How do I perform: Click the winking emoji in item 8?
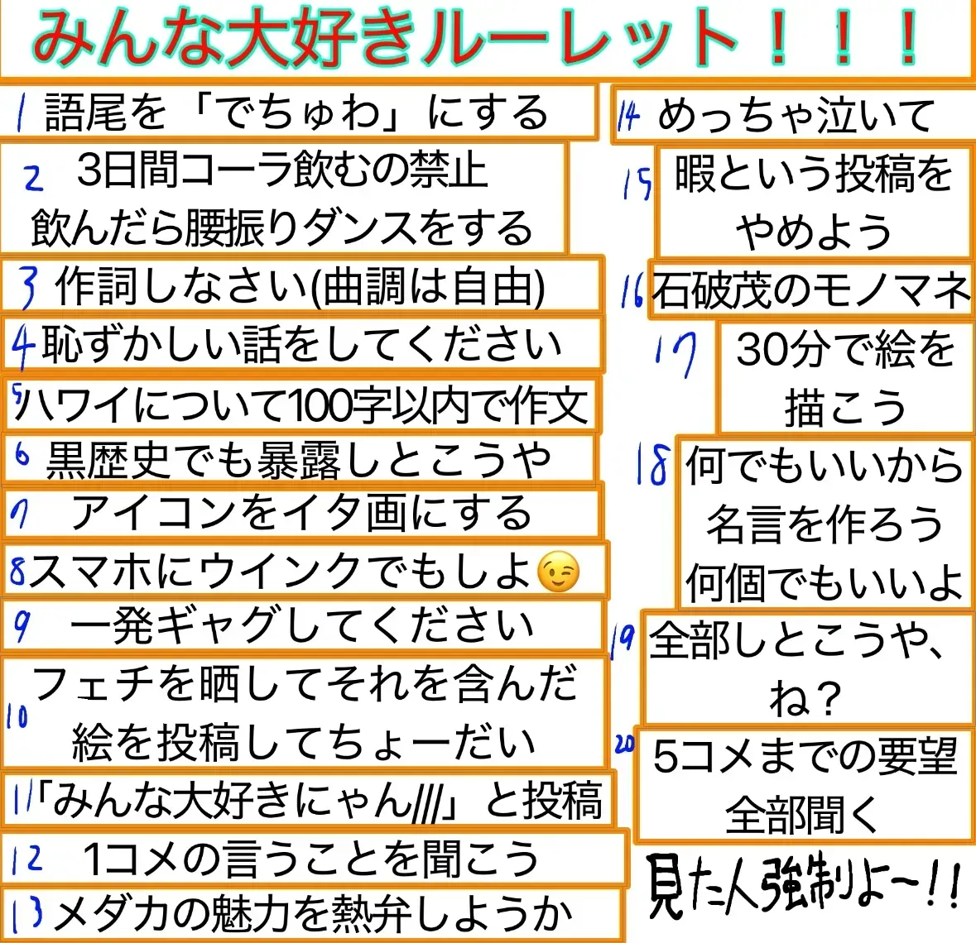[x=558, y=572]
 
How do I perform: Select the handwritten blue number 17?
[x=676, y=355]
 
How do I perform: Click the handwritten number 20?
[x=624, y=744]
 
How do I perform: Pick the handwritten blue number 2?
[x=33, y=178]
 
